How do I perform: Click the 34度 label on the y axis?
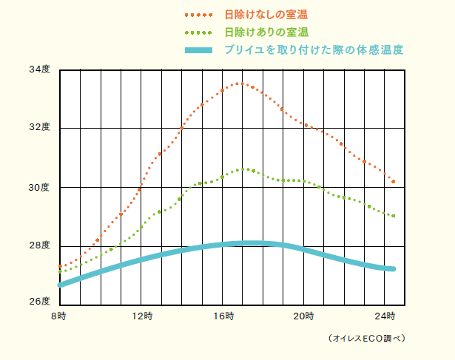tap(39, 70)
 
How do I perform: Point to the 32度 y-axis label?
tap(39, 128)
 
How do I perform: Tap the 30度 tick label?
tap(39, 187)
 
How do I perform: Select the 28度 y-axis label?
tap(39, 245)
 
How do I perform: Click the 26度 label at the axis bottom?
tap(39, 302)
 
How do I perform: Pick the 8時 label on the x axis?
tap(58, 316)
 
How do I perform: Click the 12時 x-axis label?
tap(143, 316)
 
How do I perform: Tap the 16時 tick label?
tap(225, 316)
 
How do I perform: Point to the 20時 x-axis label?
tap(304, 316)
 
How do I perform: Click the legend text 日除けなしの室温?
tap(266, 14)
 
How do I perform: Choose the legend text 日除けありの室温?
tap(266, 32)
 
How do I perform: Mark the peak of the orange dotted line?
tap(238, 84)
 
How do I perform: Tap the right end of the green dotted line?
tap(394, 216)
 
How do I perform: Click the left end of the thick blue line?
tap(61, 285)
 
